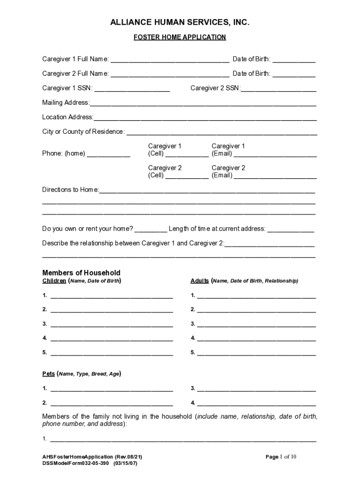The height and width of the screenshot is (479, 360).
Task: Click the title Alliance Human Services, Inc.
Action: click(180, 22)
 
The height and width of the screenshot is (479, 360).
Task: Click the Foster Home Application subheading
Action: click(180, 37)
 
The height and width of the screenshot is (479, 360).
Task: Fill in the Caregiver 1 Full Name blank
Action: click(170, 60)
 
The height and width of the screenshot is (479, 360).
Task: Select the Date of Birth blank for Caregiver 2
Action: click(294, 74)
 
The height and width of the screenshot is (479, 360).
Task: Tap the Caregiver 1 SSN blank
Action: click(132, 88)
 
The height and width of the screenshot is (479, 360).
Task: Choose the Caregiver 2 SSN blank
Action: click(279, 88)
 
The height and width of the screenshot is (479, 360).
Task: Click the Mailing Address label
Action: click(65, 103)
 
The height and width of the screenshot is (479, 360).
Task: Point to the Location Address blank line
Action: click(205, 117)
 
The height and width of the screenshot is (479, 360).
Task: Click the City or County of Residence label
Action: click(83, 132)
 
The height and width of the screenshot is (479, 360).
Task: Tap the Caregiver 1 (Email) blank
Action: click(275, 154)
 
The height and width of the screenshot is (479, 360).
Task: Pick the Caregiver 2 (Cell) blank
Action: click(187, 176)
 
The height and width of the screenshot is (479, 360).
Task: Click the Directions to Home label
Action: click(71, 190)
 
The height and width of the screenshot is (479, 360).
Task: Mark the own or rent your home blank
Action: click(151, 229)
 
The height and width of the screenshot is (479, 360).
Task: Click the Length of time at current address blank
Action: click(290, 229)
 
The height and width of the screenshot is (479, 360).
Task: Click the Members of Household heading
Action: click(81, 273)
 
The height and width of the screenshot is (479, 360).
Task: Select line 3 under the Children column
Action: click(111, 324)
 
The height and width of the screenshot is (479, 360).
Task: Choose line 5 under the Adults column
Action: click(256, 353)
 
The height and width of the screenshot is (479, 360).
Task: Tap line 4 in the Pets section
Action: click(256, 403)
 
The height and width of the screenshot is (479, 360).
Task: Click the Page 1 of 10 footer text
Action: click(281, 457)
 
